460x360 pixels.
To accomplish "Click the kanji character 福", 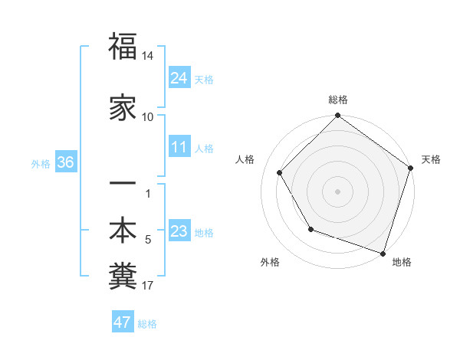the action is pyautogui.click(x=123, y=47).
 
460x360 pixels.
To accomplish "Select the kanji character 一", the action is pyautogui.click(x=123, y=185).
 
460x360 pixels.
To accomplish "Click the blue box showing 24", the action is pyautogui.click(x=179, y=77).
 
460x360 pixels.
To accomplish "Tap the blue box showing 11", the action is pyautogui.click(x=179, y=147).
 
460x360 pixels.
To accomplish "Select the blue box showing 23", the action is pyautogui.click(x=179, y=232).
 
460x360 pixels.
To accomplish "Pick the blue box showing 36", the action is pyautogui.click(x=65, y=162).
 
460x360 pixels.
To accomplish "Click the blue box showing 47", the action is pyautogui.click(x=122, y=322).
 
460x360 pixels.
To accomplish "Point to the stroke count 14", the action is pyautogui.click(x=148, y=57).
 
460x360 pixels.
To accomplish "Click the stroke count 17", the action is pyautogui.click(x=148, y=286).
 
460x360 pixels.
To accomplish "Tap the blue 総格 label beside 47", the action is pyautogui.click(x=147, y=324).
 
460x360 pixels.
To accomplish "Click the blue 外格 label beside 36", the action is pyautogui.click(x=41, y=164).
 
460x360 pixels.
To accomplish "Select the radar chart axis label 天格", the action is pyautogui.click(x=431, y=159).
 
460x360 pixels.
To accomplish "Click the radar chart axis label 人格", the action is pyautogui.click(x=245, y=159).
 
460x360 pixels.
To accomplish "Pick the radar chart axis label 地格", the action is pyautogui.click(x=402, y=262).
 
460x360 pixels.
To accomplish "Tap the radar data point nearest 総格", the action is pyautogui.click(x=337, y=116).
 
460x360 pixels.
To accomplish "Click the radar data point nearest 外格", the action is pyautogui.click(x=310, y=229).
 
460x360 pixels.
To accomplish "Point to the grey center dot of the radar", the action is pyautogui.click(x=337, y=191).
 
